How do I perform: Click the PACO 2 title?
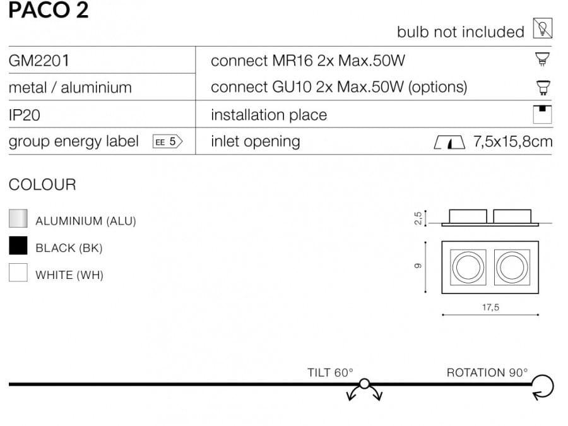pos(49,11)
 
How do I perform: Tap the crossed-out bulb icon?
pos(543,29)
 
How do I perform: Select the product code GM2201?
pos(38,61)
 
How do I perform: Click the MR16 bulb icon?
pos(541,60)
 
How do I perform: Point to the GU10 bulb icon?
pos(541,87)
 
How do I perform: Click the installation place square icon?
pos(542,114)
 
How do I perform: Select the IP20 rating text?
pos(25,115)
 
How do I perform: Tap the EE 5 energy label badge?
pos(167,141)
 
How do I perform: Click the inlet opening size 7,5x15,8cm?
pos(512,141)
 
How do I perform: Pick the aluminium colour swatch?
pos(18,219)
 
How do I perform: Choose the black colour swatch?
pos(18,246)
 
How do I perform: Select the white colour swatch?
pos(18,273)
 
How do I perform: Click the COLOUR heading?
pos(42,185)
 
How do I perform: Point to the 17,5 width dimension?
pos(490,307)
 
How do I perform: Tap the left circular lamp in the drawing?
pos(467,267)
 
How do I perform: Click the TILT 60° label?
pos(330,372)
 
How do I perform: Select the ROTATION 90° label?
pos(487,372)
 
